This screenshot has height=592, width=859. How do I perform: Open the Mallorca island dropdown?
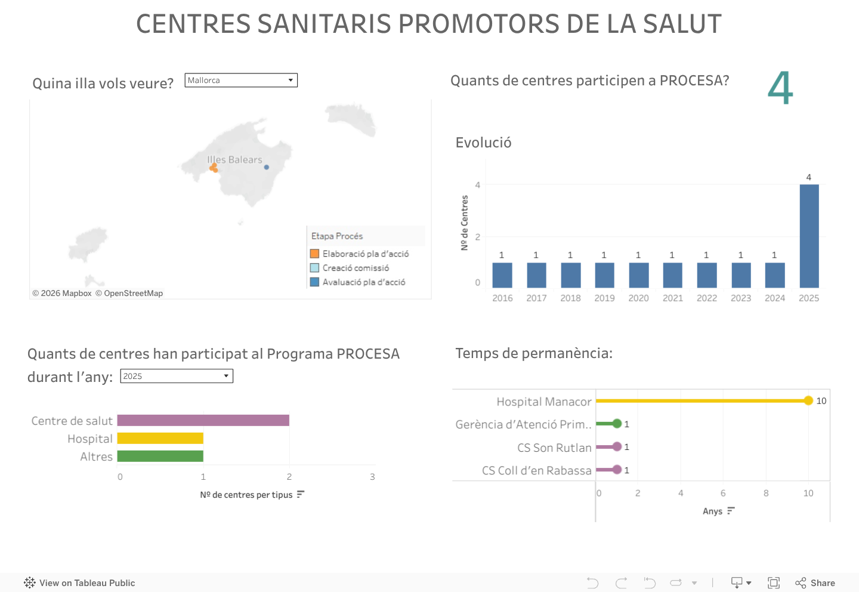click(x=241, y=81)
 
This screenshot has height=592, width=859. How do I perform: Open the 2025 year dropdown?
click(x=177, y=376)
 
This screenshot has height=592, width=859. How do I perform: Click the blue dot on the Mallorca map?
click(x=267, y=167)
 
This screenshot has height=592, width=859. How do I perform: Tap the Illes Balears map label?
click(x=234, y=160)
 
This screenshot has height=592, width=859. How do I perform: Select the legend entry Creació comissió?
click(x=356, y=268)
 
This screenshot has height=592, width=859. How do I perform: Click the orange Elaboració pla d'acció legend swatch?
click(x=314, y=254)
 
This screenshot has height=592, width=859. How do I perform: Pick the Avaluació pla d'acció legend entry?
click(x=364, y=282)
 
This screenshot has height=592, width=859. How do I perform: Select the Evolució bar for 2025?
click(x=809, y=236)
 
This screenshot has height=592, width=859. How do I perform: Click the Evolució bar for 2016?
click(x=502, y=275)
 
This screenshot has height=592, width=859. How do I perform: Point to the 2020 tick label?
click(x=638, y=298)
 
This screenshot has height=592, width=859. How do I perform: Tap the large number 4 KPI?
click(x=780, y=88)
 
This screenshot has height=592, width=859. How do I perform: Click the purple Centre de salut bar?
click(x=203, y=421)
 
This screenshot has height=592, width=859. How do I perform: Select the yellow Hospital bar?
click(x=160, y=439)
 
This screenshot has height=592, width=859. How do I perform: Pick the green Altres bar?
click(x=160, y=457)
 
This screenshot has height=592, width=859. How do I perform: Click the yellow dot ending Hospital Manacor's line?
click(x=808, y=400)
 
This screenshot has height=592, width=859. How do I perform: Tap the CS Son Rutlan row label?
click(x=554, y=448)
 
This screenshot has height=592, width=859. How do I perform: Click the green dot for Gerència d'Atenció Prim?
click(x=617, y=424)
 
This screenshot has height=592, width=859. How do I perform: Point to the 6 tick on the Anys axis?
click(x=723, y=494)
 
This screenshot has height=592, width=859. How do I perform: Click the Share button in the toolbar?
click(x=815, y=583)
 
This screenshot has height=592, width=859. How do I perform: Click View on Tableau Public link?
click(x=80, y=583)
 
